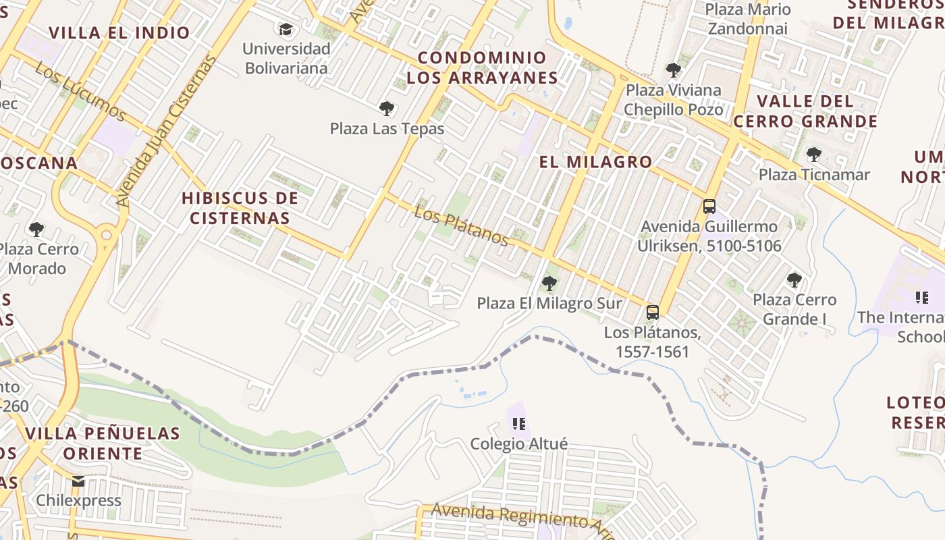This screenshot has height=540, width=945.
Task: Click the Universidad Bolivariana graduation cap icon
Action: [x=286, y=29]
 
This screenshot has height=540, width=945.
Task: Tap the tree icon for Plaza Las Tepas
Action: [x=387, y=108]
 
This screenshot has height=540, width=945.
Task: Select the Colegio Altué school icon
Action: [x=518, y=423]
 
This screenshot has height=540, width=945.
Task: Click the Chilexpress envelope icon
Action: [x=79, y=481]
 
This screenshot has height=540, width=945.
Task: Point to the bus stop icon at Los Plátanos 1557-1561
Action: [x=652, y=312]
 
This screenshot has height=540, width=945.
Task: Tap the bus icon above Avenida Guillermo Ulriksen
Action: [x=709, y=207]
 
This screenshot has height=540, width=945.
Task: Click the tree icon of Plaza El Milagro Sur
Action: [x=549, y=283]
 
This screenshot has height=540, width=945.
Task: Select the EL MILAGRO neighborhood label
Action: [x=595, y=162]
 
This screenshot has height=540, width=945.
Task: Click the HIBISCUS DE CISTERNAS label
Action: [x=240, y=208]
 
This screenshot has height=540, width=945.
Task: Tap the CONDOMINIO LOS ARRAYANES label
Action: [x=482, y=67]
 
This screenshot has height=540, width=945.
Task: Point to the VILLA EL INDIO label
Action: [x=119, y=32]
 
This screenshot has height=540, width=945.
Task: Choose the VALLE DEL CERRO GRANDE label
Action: [x=805, y=111]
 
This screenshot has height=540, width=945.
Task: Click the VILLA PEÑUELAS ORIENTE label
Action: [x=103, y=443]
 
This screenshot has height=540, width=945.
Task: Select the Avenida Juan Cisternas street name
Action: [x=166, y=131]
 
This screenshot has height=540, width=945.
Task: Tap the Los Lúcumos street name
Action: [x=80, y=92]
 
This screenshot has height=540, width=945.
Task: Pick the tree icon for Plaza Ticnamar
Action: [x=814, y=154]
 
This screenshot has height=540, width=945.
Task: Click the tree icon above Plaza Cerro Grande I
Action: [x=794, y=279]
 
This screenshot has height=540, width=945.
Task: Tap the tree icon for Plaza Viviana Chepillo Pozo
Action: [x=673, y=70]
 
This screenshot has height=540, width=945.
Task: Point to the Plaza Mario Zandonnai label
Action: [x=747, y=19]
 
